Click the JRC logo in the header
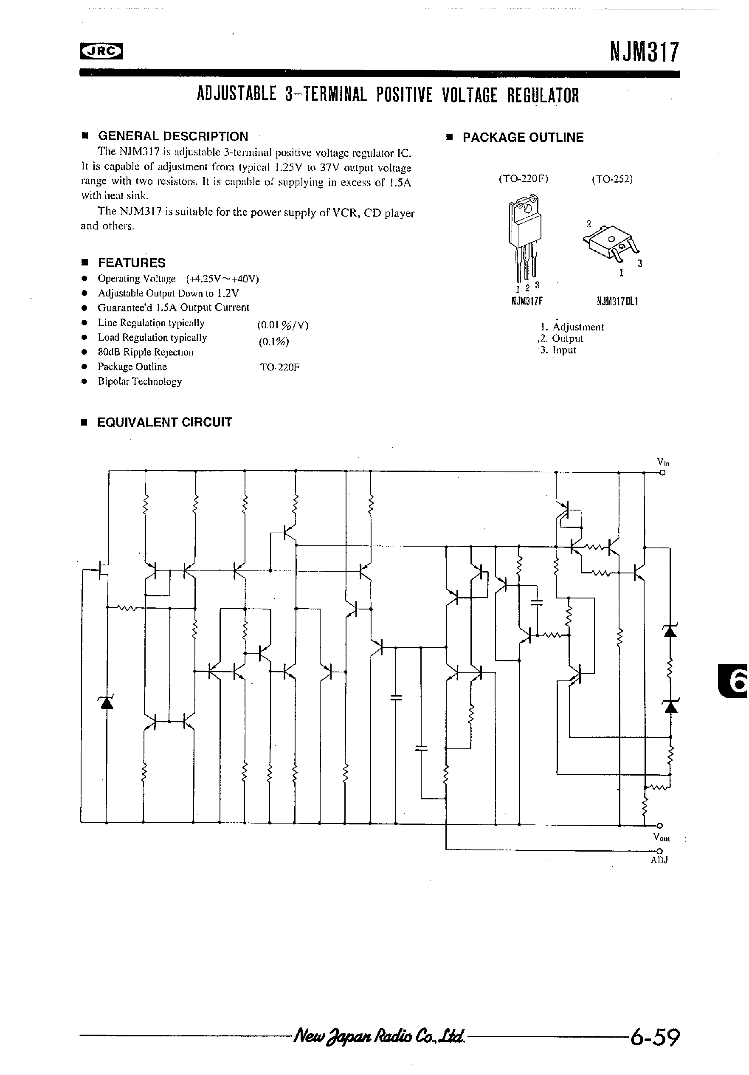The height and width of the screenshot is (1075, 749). (x=101, y=52)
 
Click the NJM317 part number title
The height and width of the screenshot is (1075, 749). (x=643, y=51)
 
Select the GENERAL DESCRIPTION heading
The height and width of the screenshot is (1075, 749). (x=173, y=136)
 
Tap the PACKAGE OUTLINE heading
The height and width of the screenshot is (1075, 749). (x=523, y=137)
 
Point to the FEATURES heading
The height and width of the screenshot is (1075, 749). (x=132, y=262)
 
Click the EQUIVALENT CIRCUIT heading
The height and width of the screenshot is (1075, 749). (x=164, y=422)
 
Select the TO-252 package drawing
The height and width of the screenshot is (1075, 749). (x=612, y=243)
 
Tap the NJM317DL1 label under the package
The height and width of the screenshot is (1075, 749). (x=617, y=302)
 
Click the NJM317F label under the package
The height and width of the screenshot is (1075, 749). (x=527, y=302)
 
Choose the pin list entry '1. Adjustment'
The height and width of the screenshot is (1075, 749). (x=572, y=327)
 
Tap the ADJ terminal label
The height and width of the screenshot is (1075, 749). (x=659, y=860)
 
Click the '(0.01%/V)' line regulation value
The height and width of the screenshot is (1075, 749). (x=282, y=325)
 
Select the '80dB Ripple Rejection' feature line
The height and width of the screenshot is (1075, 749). (x=145, y=352)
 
